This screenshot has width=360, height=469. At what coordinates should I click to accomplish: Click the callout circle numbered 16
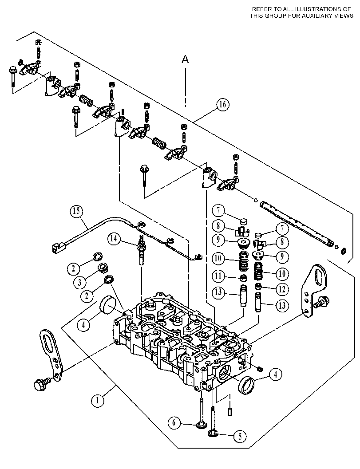point(222,105)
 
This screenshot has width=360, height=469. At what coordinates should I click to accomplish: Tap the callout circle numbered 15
point(77,211)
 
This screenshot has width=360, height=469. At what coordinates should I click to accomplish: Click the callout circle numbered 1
point(98,401)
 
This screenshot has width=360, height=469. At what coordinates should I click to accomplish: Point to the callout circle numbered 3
point(79,282)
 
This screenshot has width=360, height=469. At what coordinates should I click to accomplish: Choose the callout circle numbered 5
point(240,437)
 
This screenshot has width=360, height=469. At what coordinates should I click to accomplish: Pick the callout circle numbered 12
point(282,289)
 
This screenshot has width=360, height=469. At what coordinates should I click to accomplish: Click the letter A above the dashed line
point(186,60)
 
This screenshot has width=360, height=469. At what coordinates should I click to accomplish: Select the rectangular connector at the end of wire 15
point(58,247)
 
